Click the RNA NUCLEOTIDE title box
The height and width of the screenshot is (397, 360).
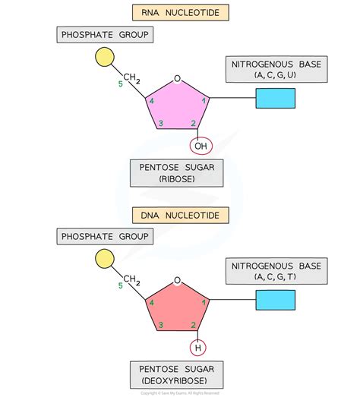point(179,13)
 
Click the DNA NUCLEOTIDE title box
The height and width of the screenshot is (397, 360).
point(179,216)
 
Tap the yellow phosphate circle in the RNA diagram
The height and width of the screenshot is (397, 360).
point(105,58)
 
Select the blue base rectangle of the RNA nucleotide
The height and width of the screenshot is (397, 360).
point(275,99)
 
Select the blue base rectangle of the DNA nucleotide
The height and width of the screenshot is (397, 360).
point(275,301)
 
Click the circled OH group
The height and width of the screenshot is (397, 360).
point(201,146)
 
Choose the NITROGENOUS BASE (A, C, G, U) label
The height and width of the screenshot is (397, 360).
point(276,70)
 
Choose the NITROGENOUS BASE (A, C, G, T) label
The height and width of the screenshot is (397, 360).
point(276,273)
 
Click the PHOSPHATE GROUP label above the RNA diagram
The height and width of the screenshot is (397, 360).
point(103,34)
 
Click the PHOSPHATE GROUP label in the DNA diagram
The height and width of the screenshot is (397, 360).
point(103,237)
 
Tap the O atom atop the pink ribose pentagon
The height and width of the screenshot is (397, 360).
point(177,78)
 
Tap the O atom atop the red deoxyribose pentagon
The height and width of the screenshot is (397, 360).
point(177,280)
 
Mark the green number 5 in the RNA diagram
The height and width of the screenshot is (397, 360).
point(120,83)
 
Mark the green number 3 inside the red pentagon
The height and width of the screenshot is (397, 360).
point(160,326)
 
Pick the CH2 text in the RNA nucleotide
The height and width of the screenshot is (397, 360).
point(131,78)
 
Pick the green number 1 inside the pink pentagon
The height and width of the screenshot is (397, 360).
point(202,100)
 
